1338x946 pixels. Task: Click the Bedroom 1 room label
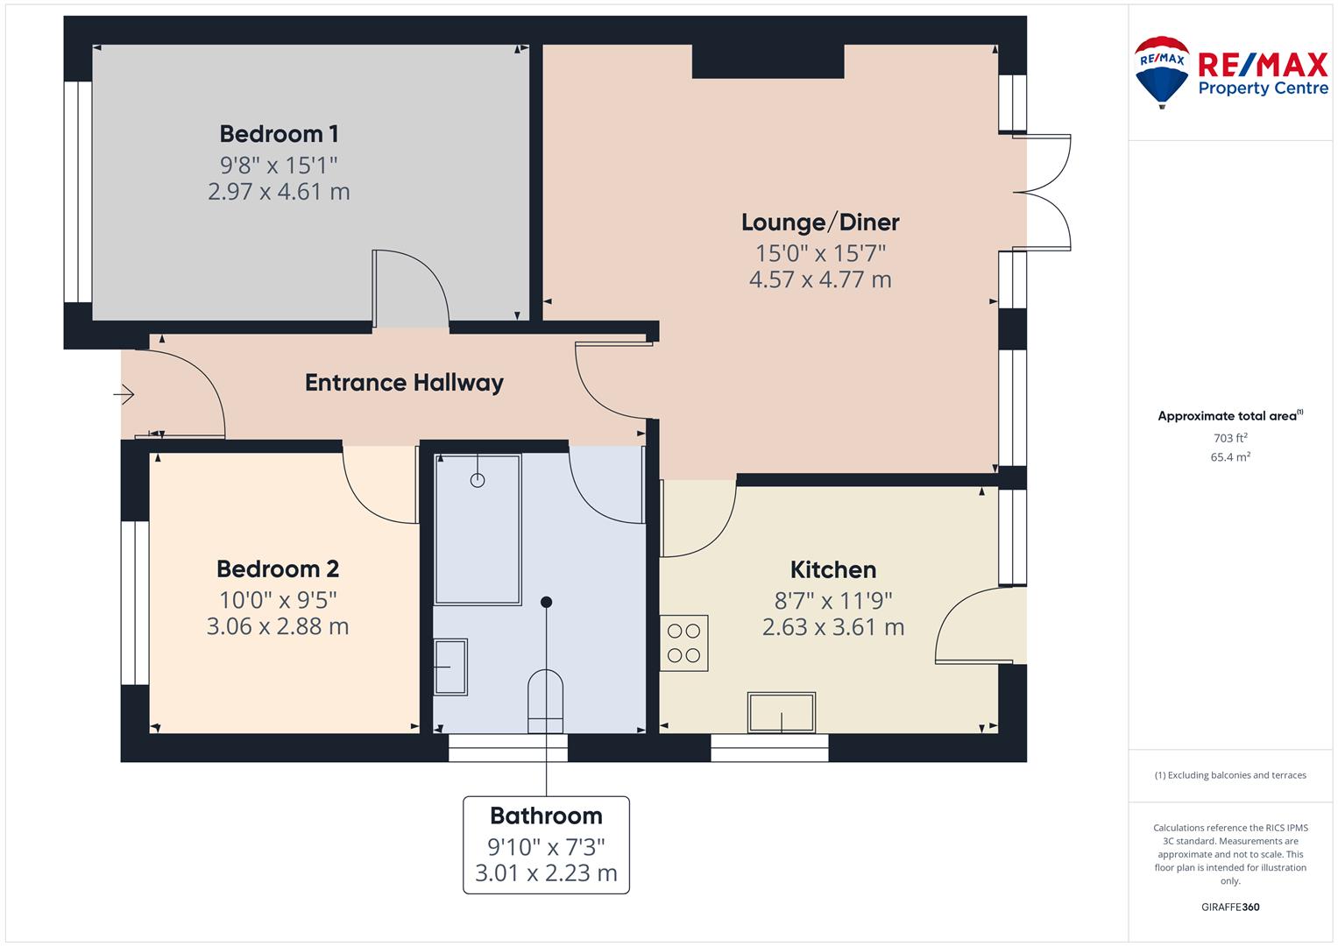pyautogui.click(x=279, y=134)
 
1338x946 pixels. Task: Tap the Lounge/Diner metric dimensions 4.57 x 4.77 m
pyautogui.click(x=820, y=279)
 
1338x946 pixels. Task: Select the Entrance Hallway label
pyautogui.click(x=405, y=383)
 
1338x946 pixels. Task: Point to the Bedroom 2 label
pyautogui.click(x=278, y=569)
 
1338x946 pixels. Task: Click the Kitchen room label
pyautogui.click(x=833, y=569)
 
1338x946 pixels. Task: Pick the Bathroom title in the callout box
pyautogui.click(x=546, y=815)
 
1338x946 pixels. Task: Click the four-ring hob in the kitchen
pyautogui.click(x=684, y=643)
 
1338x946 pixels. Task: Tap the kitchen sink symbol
pyautogui.click(x=782, y=712)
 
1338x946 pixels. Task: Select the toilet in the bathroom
pyautogui.click(x=545, y=701)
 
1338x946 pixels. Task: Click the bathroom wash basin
pyautogui.click(x=450, y=667)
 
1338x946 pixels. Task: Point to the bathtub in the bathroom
pyautogui.click(x=478, y=530)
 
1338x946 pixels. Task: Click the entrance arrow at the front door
pyautogui.click(x=124, y=394)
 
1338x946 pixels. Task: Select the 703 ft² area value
pyautogui.click(x=1230, y=438)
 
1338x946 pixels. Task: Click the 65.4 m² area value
pyautogui.click(x=1230, y=457)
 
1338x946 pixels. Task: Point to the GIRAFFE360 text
pyautogui.click(x=1230, y=907)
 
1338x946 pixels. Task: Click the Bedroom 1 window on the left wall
pyautogui.click(x=78, y=192)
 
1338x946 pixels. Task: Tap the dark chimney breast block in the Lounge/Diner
pyautogui.click(x=768, y=61)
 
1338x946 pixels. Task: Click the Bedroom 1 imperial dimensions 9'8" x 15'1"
pyautogui.click(x=279, y=166)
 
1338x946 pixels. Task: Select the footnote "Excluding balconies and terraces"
pyautogui.click(x=1237, y=775)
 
